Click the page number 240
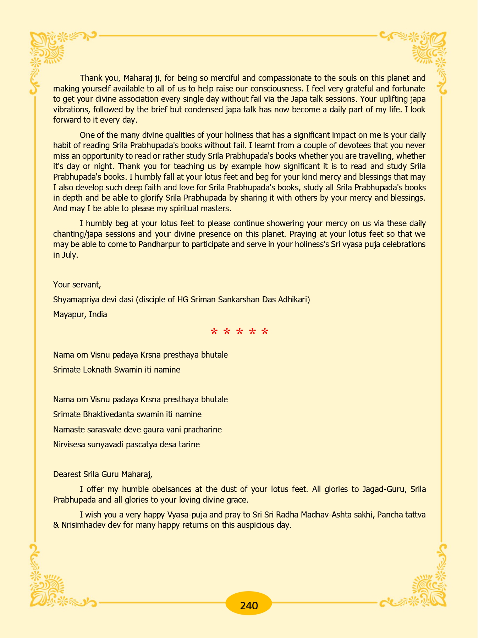click(249, 605)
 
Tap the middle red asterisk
click(239, 332)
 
